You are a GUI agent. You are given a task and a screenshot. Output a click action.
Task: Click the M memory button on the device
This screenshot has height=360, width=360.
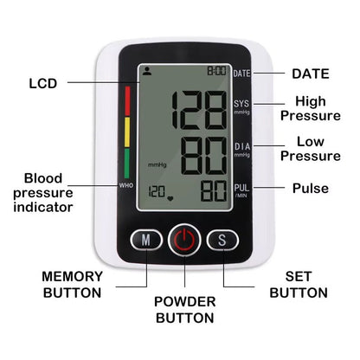147,240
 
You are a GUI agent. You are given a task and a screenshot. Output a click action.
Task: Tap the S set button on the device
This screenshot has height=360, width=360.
222,240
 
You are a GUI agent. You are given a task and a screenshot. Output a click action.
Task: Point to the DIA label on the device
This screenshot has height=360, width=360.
241,148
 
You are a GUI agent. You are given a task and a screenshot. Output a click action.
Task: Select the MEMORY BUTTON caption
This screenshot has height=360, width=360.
72,284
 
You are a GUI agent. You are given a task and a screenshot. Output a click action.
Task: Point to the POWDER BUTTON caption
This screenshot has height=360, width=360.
183,309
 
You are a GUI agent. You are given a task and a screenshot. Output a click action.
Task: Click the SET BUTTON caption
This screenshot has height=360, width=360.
298,284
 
